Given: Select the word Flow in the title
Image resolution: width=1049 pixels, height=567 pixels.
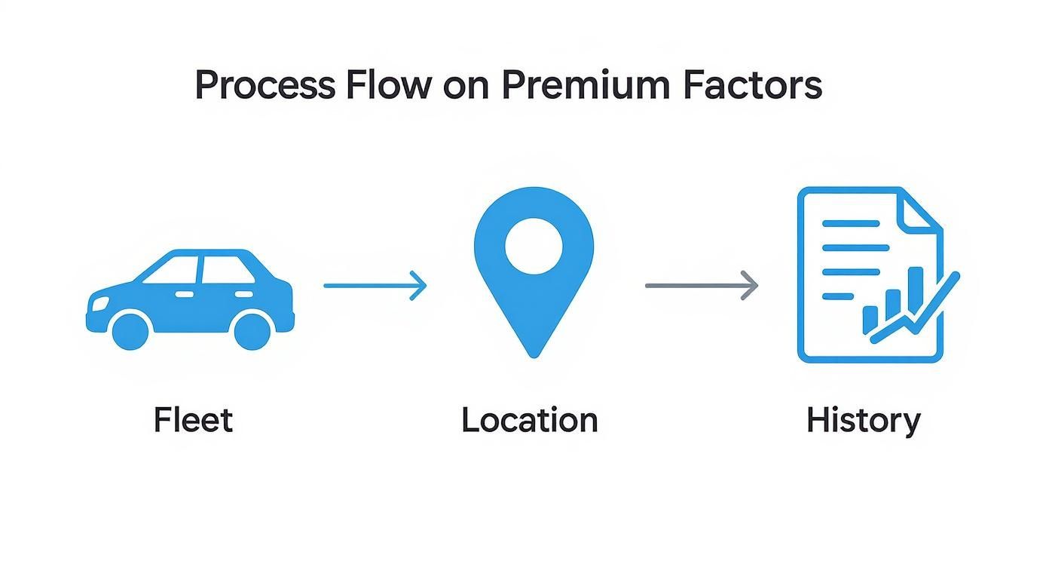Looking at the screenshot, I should click(388, 86).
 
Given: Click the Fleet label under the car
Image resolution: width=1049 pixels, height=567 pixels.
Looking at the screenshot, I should click(193, 420).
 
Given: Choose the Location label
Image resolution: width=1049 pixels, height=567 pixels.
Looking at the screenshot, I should click(530, 420).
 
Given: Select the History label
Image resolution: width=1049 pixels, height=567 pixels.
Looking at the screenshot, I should click(863, 420).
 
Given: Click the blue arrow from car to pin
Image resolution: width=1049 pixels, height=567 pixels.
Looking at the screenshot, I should click(375, 286).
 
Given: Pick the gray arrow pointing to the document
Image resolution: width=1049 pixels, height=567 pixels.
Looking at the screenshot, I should click(701, 286).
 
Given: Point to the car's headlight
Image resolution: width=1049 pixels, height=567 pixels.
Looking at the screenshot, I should click(99, 303).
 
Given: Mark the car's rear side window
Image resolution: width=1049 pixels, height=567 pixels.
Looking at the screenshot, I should click(219, 270).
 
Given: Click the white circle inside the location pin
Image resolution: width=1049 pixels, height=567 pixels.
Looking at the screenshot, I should click(534, 246).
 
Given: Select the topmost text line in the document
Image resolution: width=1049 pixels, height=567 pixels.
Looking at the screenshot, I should click(850, 224).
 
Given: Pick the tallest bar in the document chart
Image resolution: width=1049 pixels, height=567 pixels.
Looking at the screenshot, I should click(916, 290).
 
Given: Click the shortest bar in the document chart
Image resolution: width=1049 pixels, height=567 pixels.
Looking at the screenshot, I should click(870, 319).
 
